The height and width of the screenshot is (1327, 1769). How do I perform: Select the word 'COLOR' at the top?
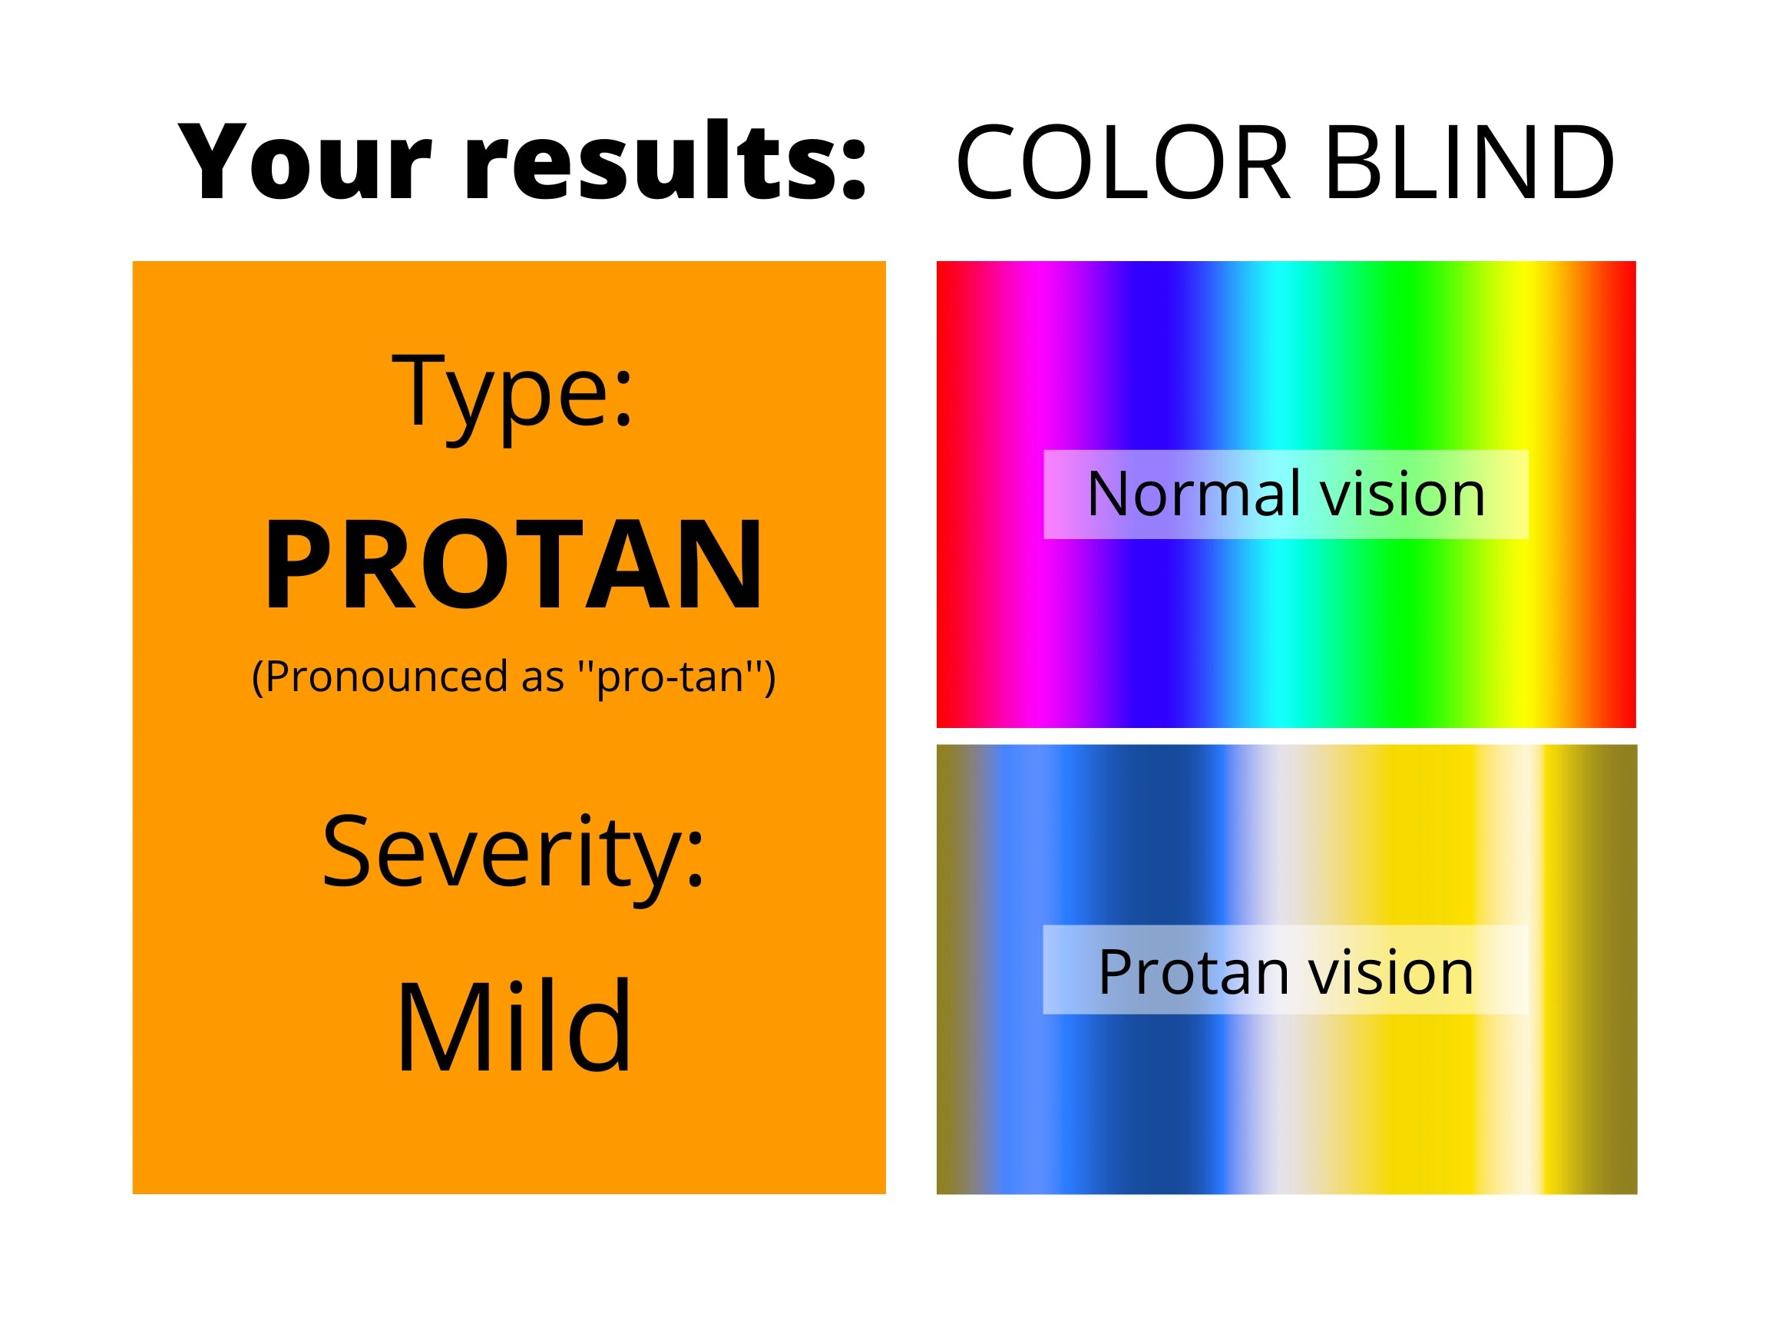(1121, 160)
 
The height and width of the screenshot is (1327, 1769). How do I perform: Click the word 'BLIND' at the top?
(1470, 160)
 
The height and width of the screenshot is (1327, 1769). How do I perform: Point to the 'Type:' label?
(513, 395)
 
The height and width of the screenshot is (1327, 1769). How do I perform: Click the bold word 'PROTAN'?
(513, 564)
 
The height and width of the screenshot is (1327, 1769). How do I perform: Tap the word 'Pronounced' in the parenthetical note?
(386, 677)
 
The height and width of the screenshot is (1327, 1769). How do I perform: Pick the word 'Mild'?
(514, 1026)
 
